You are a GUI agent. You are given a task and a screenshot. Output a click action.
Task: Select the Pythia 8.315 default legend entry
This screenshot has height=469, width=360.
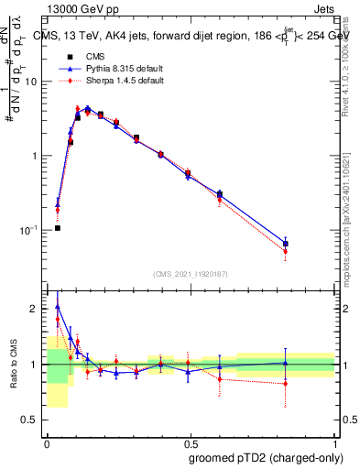113,69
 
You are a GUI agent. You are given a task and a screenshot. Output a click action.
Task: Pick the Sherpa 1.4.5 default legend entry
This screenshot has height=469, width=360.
113,81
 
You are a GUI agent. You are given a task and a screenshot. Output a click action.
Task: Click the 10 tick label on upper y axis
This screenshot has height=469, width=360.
32,82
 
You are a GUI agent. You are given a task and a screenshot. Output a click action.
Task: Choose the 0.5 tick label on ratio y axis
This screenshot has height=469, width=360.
32,420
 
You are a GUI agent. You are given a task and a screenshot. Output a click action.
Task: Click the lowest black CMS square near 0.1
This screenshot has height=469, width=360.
58,227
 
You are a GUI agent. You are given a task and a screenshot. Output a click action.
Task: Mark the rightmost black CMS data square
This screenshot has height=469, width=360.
286,244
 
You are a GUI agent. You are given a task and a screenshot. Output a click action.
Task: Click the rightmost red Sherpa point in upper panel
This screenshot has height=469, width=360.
286,251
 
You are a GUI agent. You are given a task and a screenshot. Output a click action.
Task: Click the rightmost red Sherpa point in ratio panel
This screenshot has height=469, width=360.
286,384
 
